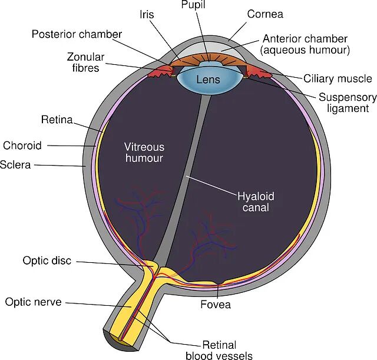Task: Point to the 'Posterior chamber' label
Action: [x=77, y=34]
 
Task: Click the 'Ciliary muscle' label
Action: [x=338, y=78]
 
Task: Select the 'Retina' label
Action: [x=57, y=120]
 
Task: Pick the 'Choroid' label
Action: [x=22, y=145]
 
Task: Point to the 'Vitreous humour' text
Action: [x=144, y=152]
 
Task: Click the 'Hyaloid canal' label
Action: [x=256, y=202]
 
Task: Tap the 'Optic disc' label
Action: [x=47, y=260]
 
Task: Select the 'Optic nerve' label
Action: [x=34, y=302]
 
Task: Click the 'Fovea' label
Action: [x=216, y=305]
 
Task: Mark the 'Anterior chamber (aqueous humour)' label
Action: [x=306, y=44]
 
